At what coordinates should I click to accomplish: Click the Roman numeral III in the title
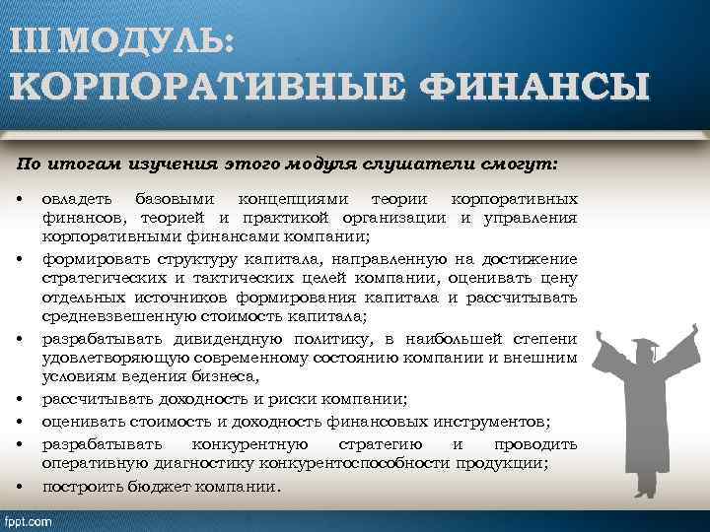pos(35,40)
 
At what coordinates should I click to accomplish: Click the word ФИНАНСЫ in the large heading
pos(533,89)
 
